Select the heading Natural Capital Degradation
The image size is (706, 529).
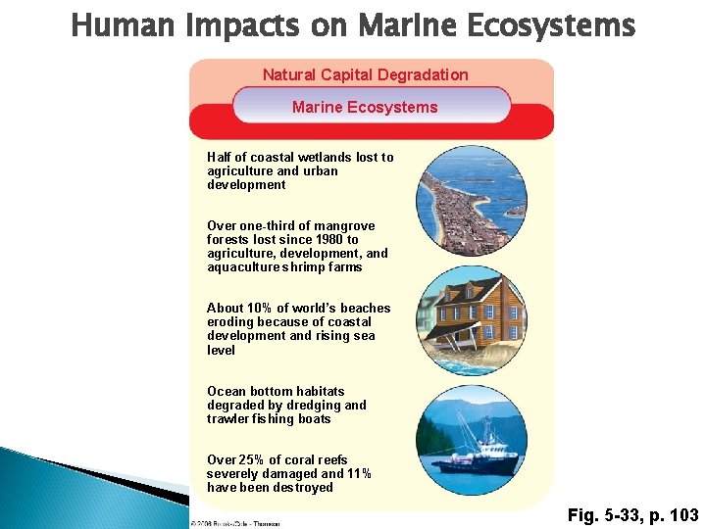365,74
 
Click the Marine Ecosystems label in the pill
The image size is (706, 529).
365,107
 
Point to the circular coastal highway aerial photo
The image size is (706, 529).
472,201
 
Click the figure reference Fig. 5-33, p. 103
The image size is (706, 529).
633,514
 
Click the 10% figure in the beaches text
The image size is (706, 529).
266,308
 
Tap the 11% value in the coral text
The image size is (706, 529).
359,473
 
